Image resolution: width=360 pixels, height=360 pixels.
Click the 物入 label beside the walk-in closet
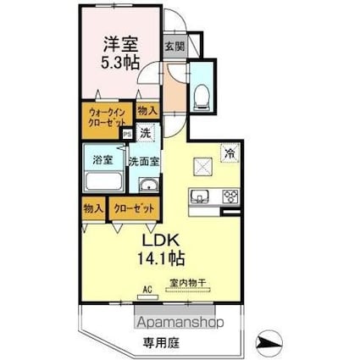[x=147, y=110]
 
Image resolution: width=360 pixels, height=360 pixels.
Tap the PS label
[x=127, y=133]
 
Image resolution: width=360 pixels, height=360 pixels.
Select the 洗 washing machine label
[x=146, y=133]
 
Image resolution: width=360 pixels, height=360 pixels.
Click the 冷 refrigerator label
[x=230, y=153]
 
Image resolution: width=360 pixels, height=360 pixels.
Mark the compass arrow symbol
[x=269, y=342]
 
